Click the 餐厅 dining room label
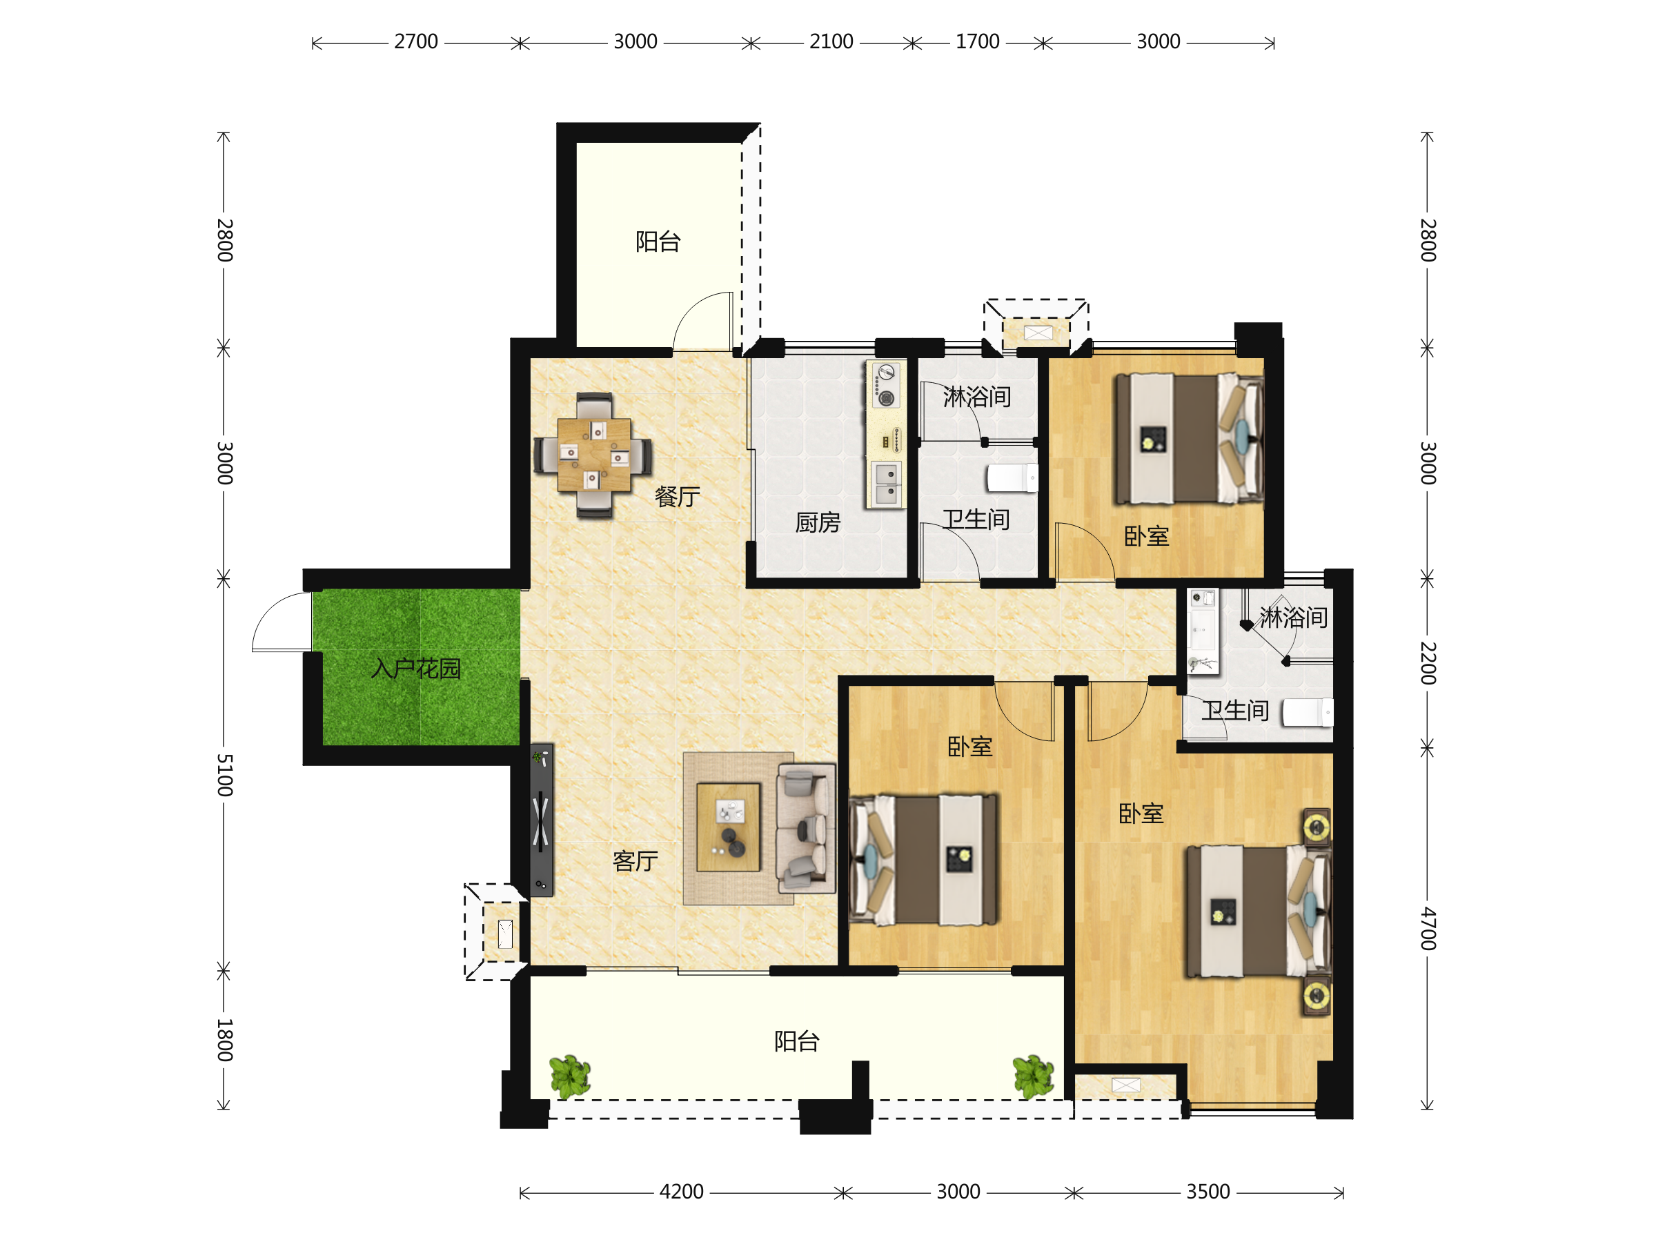pyautogui.click(x=677, y=496)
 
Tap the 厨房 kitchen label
pyautogui.click(x=818, y=522)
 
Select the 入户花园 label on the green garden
pyautogui.click(x=415, y=668)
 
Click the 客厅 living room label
pyautogui.click(x=635, y=861)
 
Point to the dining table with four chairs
pyautogui.click(x=593, y=455)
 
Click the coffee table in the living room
pyautogui.click(x=728, y=827)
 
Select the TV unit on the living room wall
pyautogui.click(x=541, y=820)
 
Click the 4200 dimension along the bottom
pyautogui.click(x=681, y=1192)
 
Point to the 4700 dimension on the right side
pyautogui.click(x=1428, y=928)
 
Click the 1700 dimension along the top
pyautogui.click(x=977, y=42)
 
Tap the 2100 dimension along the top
pyautogui.click(x=831, y=42)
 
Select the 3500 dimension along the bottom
pyautogui.click(x=1208, y=1192)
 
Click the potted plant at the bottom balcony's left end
pyautogui.click(x=570, y=1076)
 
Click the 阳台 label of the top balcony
pyautogui.click(x=658, y=241)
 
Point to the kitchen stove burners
pyautogui.click(x=886, y=386)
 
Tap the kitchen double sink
pyautogui.click(x=887, y=484)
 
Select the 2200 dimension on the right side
pyautogui.click(x=1428, y=663)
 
